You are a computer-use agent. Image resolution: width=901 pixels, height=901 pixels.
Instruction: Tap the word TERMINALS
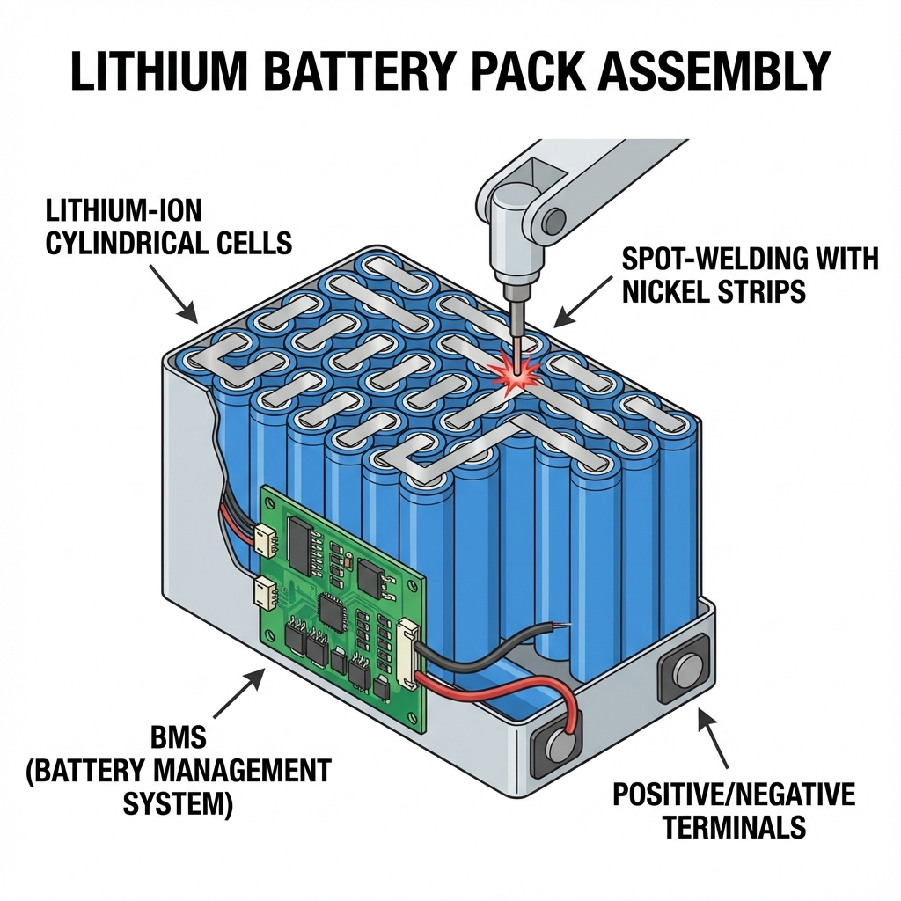pyautogui.click(x=734, y=827)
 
